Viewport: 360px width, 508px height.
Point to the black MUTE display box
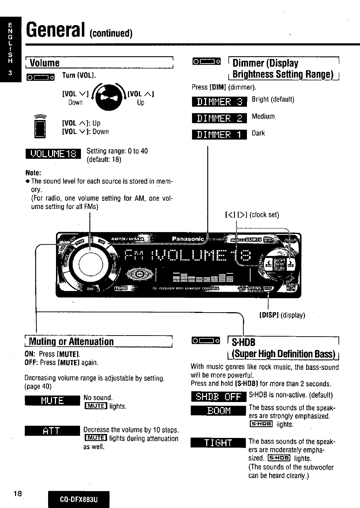52,400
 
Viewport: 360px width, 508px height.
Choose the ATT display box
52,431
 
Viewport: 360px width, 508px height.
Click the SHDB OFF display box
218,397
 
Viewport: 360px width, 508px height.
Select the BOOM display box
218,411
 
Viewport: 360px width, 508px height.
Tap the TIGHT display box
218,443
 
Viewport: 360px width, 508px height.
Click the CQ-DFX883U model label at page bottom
79,499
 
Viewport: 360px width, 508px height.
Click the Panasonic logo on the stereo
188,239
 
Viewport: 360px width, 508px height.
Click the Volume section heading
45,63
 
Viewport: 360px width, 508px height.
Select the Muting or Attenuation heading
71,341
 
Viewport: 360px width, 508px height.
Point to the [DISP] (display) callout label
282,315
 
